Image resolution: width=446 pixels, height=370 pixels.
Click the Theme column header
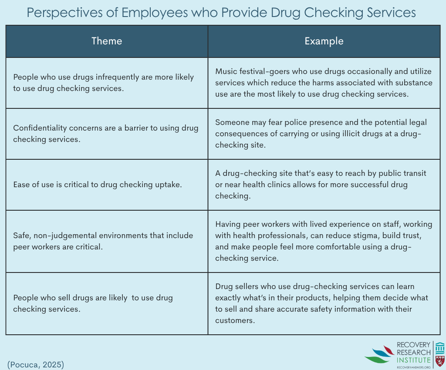[107, 41]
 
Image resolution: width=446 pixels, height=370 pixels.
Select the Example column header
[324, 41]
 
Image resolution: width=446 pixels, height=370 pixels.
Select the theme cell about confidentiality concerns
[107, 134]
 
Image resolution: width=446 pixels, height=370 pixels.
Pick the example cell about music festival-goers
[324, 83]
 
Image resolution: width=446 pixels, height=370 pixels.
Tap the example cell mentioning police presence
[324, 134]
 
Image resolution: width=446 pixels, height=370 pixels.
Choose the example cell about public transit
[324, 185]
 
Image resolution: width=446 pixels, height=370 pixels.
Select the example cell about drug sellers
[324, 303]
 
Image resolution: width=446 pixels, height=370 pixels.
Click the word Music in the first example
[225, 71]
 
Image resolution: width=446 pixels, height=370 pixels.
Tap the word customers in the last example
[234, 320]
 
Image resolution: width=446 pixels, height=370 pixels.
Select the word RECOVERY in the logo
[413, 345]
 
